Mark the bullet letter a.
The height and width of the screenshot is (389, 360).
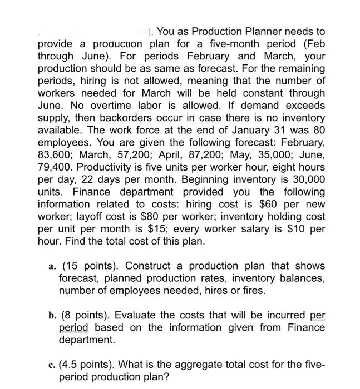pyautogui.click(x=51, y=265)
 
